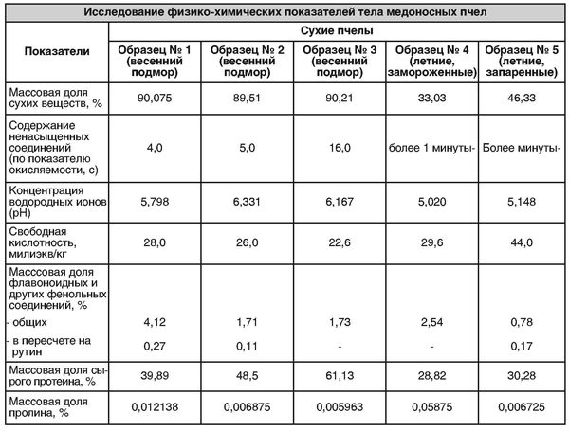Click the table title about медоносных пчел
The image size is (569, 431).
284,12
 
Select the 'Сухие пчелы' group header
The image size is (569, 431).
337,31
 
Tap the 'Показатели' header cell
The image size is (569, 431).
57,51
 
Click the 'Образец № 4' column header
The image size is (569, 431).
431,61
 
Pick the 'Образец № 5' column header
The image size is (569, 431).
522,61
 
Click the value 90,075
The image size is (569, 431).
155,99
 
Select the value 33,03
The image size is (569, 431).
431,99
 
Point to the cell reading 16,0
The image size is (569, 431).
340,148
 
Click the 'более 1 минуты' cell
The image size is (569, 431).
431,148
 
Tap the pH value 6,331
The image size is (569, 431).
247,202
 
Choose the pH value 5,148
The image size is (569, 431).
522,202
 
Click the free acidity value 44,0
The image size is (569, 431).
522,242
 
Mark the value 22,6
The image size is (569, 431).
340,242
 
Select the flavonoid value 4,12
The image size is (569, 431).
155,322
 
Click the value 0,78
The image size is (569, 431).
522,322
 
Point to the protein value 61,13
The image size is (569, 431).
340,376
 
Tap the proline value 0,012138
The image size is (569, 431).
155,407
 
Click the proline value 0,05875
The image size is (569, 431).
431,407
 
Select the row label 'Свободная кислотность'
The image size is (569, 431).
43,242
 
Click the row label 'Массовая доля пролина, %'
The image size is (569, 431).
48,407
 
